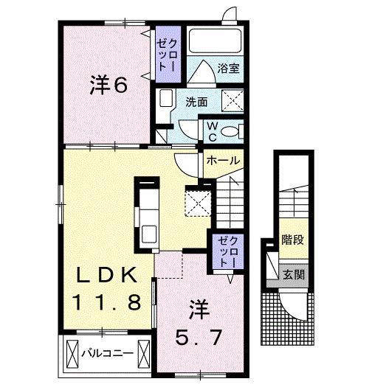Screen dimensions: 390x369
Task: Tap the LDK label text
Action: point(108,276)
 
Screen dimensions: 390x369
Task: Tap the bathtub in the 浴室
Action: point(210,45)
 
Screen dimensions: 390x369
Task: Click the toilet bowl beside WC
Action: point(231,131)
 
